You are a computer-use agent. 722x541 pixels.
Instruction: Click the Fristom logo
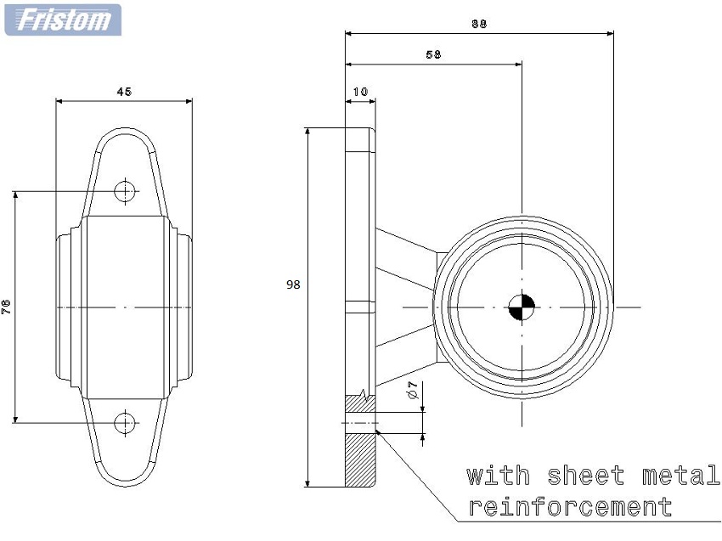click(x=63, y=20)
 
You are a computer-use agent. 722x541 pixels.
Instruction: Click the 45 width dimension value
click(x=124, y=92)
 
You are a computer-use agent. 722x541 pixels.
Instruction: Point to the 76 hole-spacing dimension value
click(x=6, y=307)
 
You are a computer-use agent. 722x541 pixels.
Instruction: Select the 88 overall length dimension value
click(x=479, y=24)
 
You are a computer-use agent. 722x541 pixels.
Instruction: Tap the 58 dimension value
click(x=433, y=54)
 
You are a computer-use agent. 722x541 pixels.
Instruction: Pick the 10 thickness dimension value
click(x=360, y=92)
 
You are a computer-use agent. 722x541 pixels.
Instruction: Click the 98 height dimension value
click(x=293, y=285)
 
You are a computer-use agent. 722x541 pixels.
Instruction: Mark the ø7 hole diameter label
click(x=413, y=390)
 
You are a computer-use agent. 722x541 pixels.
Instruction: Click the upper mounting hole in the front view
click(x=125, y=191)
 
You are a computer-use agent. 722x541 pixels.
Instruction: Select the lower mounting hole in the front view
click(x=125, y=423)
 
